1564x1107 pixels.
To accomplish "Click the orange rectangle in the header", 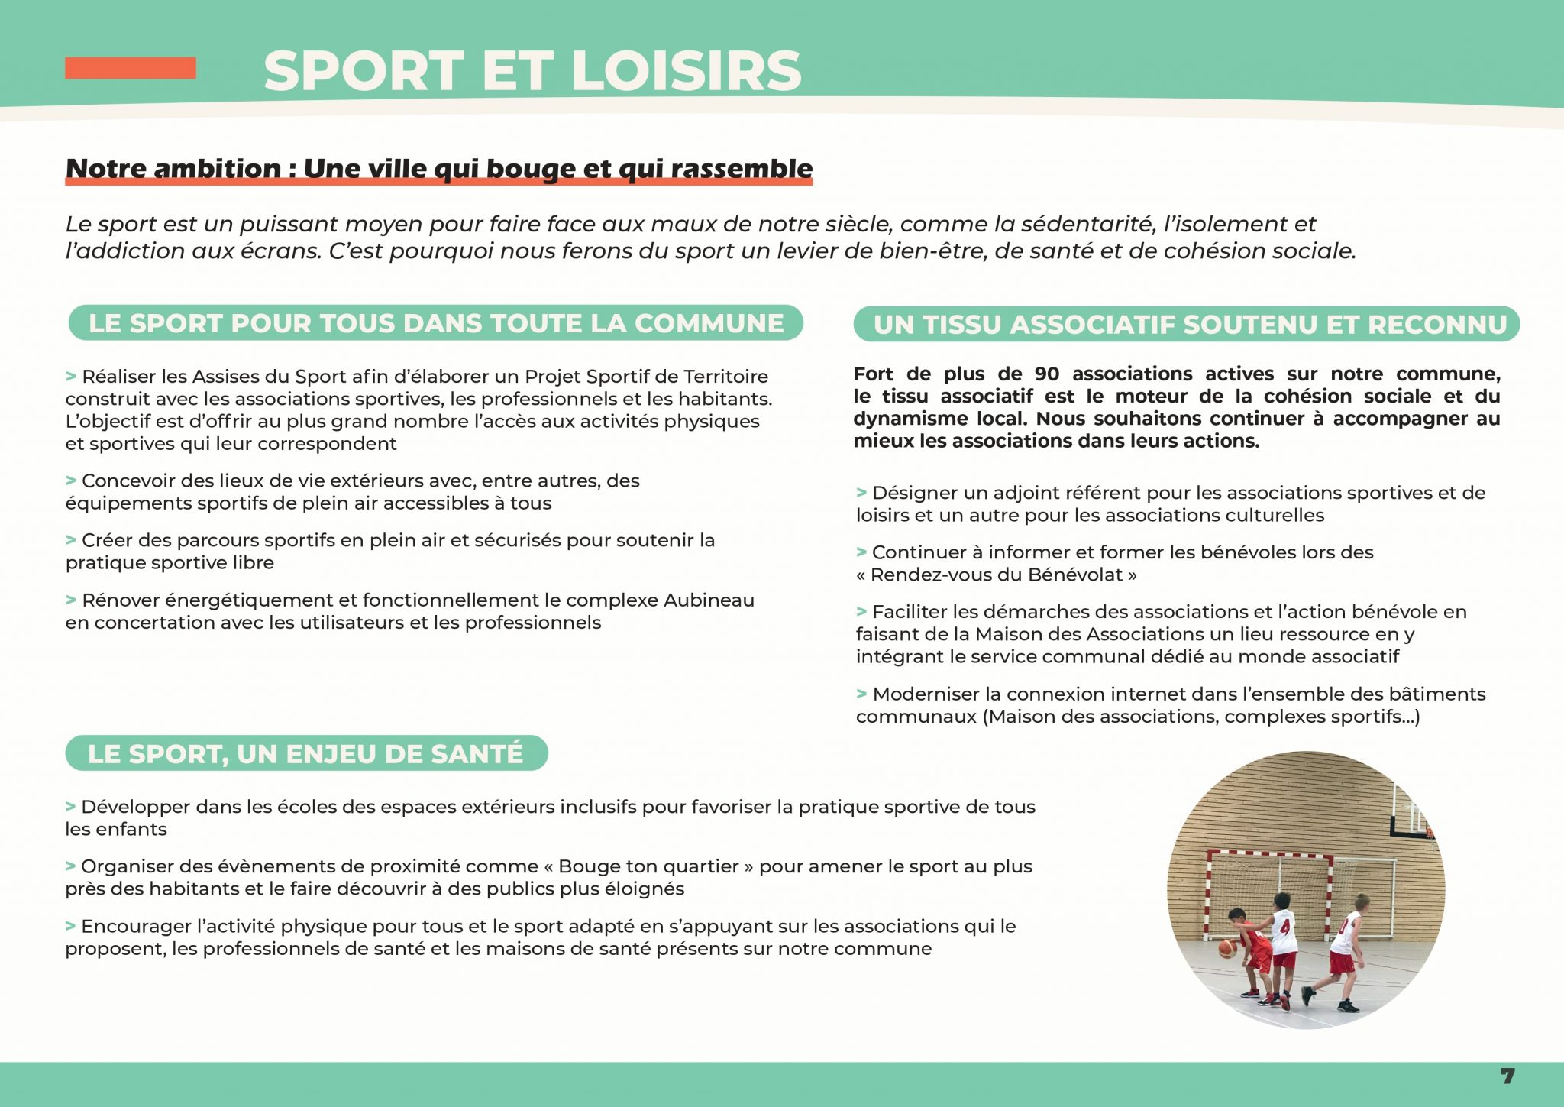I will [x=131, y=68].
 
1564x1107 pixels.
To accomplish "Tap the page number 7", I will [x=1507, y=1076].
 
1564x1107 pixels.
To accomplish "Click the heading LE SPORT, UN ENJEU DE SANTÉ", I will [x=306, y=754].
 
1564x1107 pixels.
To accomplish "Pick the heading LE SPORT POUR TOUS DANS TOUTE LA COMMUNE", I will [x=436, y=324].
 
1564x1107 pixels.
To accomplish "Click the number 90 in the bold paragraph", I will [x=1046, y=374].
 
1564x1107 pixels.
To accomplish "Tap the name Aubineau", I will [x=709, y=600].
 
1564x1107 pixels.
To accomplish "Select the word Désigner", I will [x=914, y=494].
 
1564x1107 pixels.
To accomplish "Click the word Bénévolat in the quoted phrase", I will [x=1074, y=575].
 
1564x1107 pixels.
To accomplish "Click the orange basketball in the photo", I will [x=1226, y=948].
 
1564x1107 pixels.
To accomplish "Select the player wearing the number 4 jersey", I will [x=1283, y=944].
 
